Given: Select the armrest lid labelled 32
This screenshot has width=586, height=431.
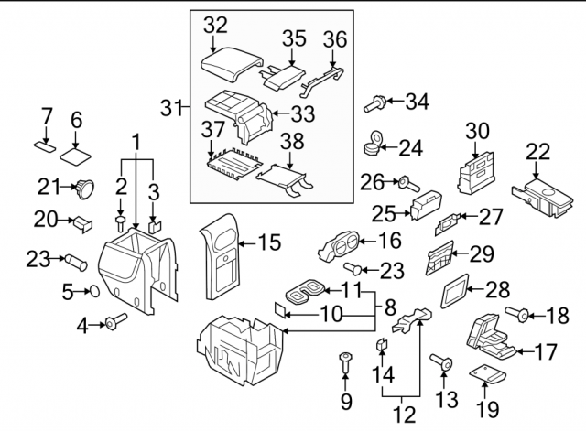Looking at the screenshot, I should (x=224, y=66).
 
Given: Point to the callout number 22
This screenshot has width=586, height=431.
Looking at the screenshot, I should (x=539, y=152).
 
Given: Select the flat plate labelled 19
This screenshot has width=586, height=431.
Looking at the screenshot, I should (x=486, y=375).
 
